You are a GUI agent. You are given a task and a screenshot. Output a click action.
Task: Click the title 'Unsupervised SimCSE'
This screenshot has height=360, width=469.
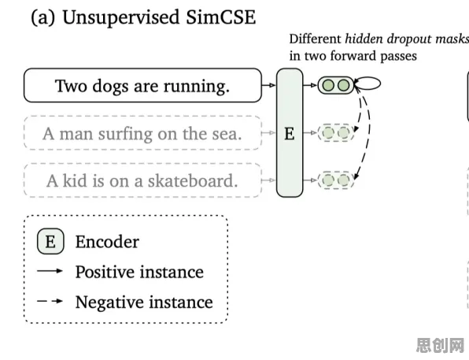point(159,17)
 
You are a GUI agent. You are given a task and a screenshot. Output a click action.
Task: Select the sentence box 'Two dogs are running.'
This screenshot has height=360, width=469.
point(142,85)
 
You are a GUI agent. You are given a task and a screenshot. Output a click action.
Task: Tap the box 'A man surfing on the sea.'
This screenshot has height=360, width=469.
point(142,132)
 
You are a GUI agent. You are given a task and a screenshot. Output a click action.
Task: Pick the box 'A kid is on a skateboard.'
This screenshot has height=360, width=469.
point(142,180)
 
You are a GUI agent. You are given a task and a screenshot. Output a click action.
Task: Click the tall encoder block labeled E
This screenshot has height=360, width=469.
point(290,132)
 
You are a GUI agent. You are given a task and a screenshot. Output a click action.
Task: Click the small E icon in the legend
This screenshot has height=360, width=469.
point(50,241)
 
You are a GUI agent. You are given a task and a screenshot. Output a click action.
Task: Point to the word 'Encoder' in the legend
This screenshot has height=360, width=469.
point(107,242)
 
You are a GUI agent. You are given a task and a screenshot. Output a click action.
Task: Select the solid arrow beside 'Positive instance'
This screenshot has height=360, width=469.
point(50,271)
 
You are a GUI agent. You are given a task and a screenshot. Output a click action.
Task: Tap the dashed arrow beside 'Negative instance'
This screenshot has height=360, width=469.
point(50,301)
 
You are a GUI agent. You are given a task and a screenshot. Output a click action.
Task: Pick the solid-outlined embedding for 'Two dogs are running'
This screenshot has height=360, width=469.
point(336,85)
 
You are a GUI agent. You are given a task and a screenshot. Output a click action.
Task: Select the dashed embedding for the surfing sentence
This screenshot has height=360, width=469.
point(336,132)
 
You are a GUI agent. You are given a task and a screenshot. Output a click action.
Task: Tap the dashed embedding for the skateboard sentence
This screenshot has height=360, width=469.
point(336,180)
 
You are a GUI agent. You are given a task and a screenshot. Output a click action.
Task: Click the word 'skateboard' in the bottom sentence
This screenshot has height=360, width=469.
point(193,180)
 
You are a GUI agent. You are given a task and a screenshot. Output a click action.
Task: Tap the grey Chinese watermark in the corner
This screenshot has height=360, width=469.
point(441,345)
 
